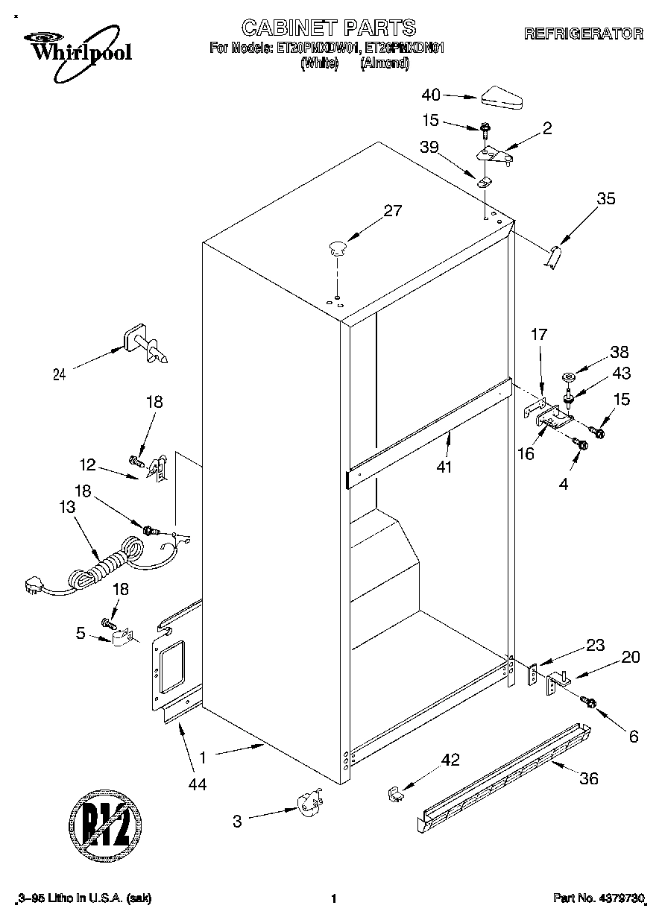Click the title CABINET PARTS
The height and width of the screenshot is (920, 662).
(329, 28)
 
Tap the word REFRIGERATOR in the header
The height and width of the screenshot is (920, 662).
(583, 34)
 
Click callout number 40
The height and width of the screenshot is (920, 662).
(431, 95)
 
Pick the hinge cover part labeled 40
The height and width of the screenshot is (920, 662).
(504, 97)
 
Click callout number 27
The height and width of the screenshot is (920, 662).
(391, 211)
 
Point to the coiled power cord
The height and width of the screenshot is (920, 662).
(104, 564)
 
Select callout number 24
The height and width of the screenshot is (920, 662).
(60, 375)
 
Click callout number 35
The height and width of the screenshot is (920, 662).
(607, 198)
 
